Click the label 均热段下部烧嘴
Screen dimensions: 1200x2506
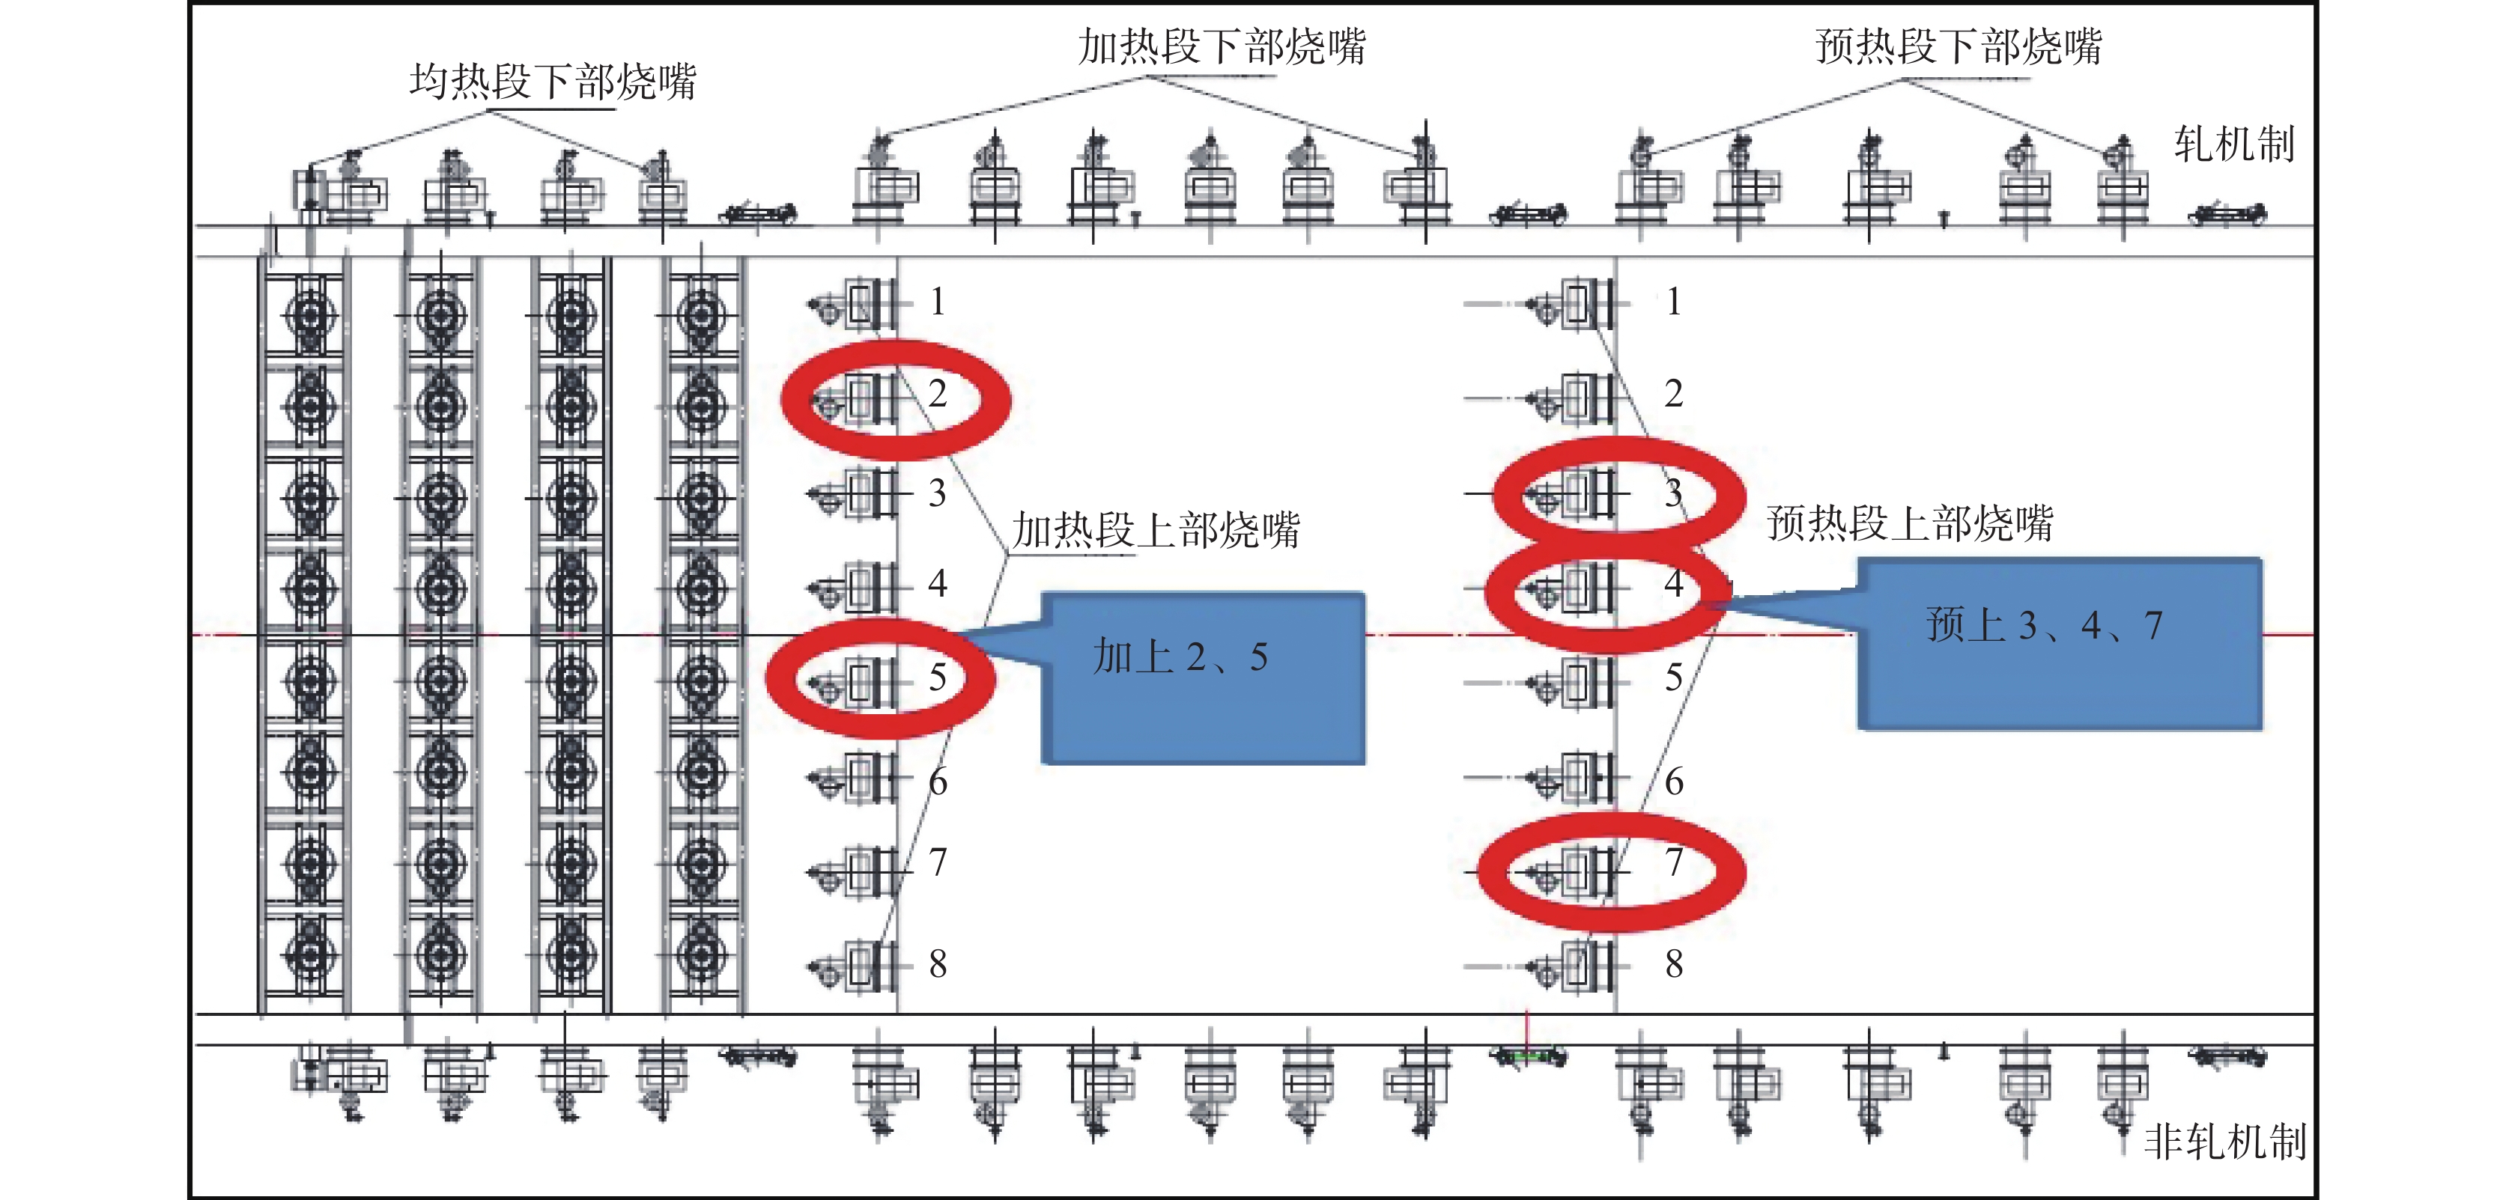pos(553,82)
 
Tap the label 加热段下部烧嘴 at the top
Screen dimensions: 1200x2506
pos(1222,46)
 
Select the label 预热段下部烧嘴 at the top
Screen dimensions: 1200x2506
pos(1959,46)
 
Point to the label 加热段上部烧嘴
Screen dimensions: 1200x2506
pos(1156,530)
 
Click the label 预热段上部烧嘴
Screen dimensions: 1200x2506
pos(1910,523)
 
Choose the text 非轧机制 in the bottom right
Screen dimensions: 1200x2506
pos(2225,1142)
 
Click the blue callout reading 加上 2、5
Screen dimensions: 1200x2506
pos(1202,677)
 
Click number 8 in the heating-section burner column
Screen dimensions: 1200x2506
pos(937,963)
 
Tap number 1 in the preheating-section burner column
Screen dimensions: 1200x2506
pos(1673,302)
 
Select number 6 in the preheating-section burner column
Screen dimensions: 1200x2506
pos(1673,781)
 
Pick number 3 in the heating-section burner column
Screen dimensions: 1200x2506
pos(937,493)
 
